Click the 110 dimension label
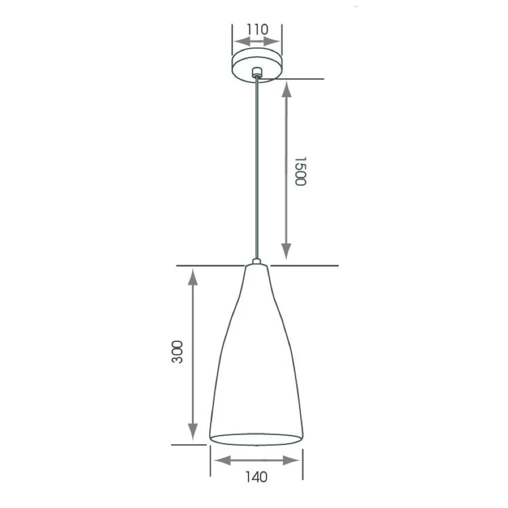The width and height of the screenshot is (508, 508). (257, 29)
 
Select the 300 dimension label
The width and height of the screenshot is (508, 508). (177, 352)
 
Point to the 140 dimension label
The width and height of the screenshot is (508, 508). (256, 477)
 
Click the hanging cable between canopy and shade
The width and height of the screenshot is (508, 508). (258, 168)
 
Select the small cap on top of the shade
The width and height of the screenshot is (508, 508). (257, 262)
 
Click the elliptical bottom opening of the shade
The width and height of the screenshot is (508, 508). (257, 440)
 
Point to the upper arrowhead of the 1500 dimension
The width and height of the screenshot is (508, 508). (287, 89)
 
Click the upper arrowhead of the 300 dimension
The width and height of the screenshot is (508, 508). (192, 277)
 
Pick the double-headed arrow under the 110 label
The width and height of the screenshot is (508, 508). (257, 42)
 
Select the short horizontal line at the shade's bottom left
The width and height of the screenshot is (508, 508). (189, 445)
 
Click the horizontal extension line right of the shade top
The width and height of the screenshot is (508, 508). (305, 266)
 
